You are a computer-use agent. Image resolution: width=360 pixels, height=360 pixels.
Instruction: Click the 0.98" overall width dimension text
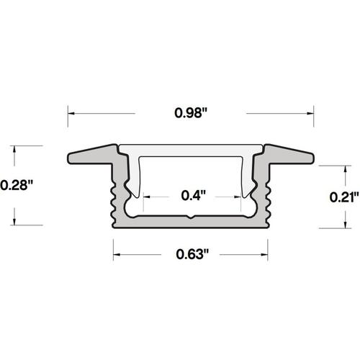coord(192,112)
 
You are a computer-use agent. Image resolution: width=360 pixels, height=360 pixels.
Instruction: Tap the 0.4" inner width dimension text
coord(192,194)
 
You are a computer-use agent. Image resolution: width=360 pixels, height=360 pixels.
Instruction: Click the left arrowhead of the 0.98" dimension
coord(71,112)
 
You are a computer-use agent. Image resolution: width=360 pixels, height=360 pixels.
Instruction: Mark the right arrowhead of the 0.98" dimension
coord(312,112)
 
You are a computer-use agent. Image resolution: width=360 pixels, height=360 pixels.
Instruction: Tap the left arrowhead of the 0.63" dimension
coord(115,253)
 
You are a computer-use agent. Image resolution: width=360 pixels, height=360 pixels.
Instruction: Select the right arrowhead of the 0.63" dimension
coord(268,253)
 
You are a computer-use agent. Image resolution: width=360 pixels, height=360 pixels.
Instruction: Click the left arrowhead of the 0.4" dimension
coord(144,194)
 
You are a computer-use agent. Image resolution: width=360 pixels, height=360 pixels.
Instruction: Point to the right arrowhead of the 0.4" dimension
coord(240,194)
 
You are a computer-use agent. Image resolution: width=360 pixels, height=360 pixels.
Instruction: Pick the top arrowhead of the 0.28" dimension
coord(15,148)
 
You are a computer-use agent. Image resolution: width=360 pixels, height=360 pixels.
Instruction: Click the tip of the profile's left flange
coord(69,158)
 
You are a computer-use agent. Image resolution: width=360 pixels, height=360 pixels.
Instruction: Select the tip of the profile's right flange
coord(315,158)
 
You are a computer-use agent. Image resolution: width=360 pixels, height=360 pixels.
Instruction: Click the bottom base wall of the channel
coord(192,224)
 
